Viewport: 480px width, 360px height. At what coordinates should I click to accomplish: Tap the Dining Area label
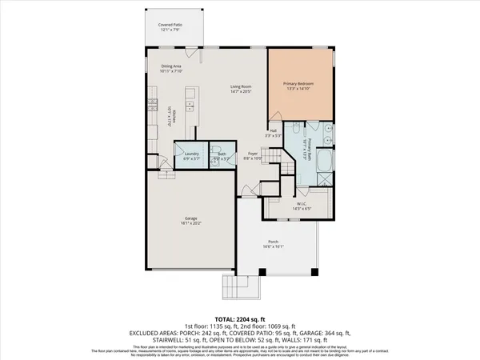pyautogui.click(x=173, y=67)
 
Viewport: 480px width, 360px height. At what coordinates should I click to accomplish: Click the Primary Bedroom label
pyautogui.click(x=301, y=82)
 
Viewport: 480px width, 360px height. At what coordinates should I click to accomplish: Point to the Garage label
pyautogui.click(x=191, y=217)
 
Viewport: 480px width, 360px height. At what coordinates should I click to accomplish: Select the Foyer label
pyautogui.click(x=252, y=154)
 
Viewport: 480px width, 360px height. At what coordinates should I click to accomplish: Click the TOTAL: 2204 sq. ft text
pyautogui.click(x=240, y=318)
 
